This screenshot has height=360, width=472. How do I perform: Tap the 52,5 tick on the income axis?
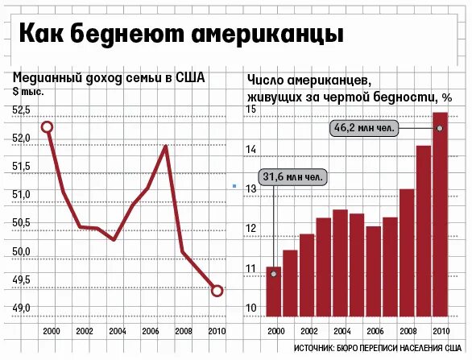[21, 110]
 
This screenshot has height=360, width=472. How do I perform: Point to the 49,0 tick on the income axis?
[21, 308]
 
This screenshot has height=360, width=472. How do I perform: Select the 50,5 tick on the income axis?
[21, 223]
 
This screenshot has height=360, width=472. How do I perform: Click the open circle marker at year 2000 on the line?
[48, 127]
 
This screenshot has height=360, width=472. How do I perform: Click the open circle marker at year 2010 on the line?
[217, 291]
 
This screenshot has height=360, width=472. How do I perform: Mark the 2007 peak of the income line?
[165, 147]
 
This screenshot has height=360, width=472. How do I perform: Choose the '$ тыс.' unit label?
[27, 91]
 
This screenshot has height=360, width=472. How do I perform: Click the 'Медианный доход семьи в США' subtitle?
[109, 78]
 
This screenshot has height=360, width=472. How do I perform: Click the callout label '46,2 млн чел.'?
[363, 127]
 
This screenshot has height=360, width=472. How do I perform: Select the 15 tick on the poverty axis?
[250, 110]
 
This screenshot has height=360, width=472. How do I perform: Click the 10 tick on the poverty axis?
[250, 308]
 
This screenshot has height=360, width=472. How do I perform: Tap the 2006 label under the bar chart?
[373, 331]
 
